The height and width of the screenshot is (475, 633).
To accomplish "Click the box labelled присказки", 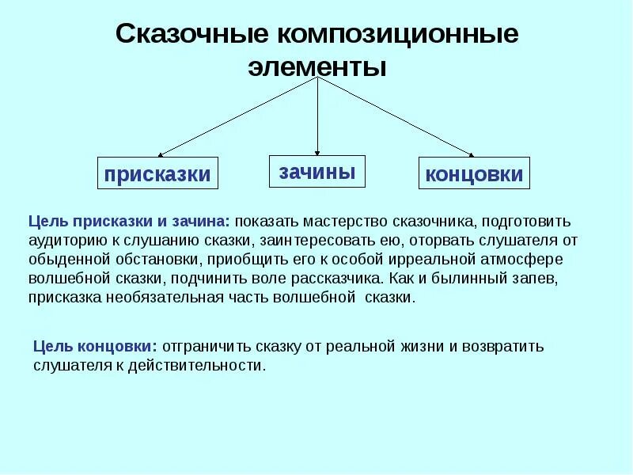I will tap(158, 173).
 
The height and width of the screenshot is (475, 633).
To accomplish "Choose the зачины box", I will tap(317, 170).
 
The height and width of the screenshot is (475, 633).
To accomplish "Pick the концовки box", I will tap(474, 173).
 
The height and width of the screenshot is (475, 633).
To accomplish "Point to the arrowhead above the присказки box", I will tap(161, 153).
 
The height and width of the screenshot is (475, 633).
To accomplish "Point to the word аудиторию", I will tap(66, 239).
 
